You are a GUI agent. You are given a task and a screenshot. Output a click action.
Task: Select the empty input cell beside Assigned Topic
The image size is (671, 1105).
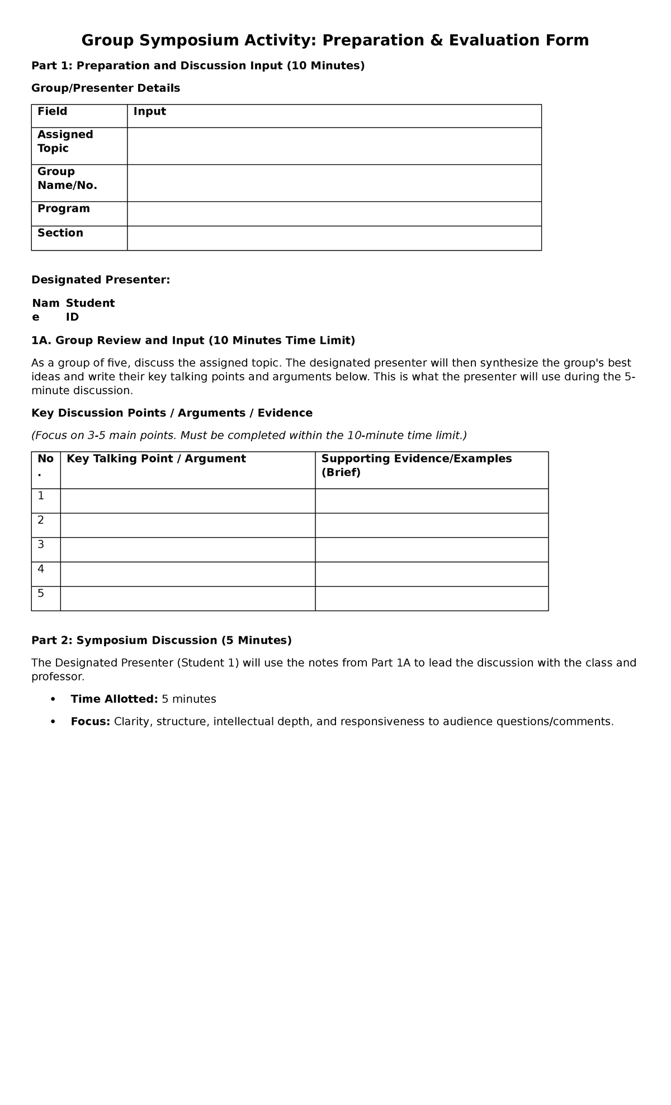pos(334,146)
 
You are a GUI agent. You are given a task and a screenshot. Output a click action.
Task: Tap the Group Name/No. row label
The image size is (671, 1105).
pos(67,178)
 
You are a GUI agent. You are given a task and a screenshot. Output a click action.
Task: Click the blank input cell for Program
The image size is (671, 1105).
pos(334,214)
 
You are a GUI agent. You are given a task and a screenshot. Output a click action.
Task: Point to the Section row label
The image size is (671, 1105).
pos(60,233)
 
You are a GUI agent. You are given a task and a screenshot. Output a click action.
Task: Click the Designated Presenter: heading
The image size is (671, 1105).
pos(101,280)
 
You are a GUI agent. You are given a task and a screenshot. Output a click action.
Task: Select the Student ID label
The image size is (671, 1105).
pos(89,310)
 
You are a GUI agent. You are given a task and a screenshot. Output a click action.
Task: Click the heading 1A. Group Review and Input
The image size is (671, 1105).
pos(193,341)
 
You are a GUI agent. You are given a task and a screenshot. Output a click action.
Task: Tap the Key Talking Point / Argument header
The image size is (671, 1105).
pos(156,459)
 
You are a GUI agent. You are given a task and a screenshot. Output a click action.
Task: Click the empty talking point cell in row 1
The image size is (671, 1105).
pos(187,500)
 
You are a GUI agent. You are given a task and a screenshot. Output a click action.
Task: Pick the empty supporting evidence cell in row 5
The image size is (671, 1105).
pos(431,598)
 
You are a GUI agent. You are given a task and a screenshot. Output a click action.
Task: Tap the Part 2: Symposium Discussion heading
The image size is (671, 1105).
pos(161,640)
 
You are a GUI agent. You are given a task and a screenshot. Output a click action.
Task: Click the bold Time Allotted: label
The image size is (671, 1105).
pos(114,699)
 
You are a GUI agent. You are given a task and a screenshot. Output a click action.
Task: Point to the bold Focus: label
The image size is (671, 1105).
pos(90,721)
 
